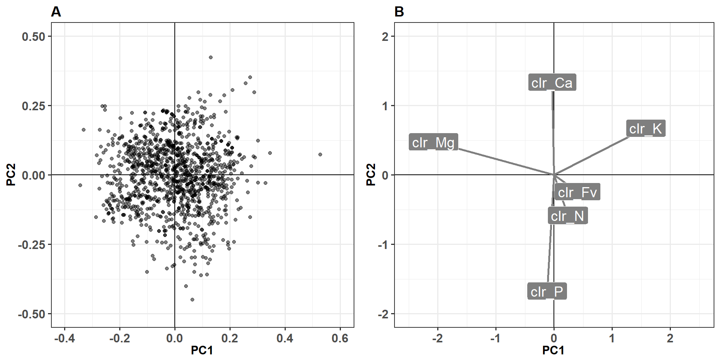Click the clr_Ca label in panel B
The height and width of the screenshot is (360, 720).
[x=552, y=83]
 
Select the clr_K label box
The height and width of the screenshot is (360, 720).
[x=645, y=129]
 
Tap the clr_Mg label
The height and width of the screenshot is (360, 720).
[x=433, y=142]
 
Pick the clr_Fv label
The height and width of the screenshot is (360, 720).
[x=577, y=192]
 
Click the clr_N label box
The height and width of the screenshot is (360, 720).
[x=567, y=216]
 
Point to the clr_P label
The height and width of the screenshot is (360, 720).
[x=547, y=291]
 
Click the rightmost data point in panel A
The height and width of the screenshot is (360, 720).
[x=320, y=154]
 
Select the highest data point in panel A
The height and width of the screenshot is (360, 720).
[x=211, y=57]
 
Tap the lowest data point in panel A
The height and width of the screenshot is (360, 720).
[x=192, y=300]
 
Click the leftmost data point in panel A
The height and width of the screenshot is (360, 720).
[x=80, y=185]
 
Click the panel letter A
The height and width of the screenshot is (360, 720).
[x=56, y=12]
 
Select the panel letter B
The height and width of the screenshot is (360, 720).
[x=399, y=12]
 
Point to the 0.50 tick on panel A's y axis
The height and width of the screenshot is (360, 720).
[x=33, y=37]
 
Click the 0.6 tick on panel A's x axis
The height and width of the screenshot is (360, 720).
[x=340, y=339]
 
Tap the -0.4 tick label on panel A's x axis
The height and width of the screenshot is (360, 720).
[x=64, y=339]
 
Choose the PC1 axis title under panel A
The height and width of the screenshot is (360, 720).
[x=202, y=351]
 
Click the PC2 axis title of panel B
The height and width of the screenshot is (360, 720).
[x=370, y=175]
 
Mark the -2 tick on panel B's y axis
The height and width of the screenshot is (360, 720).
[x=383, y=314]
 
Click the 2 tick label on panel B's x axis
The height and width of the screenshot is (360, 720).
[x=670, y=339]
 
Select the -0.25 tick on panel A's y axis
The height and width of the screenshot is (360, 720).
[x=31, y=245]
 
